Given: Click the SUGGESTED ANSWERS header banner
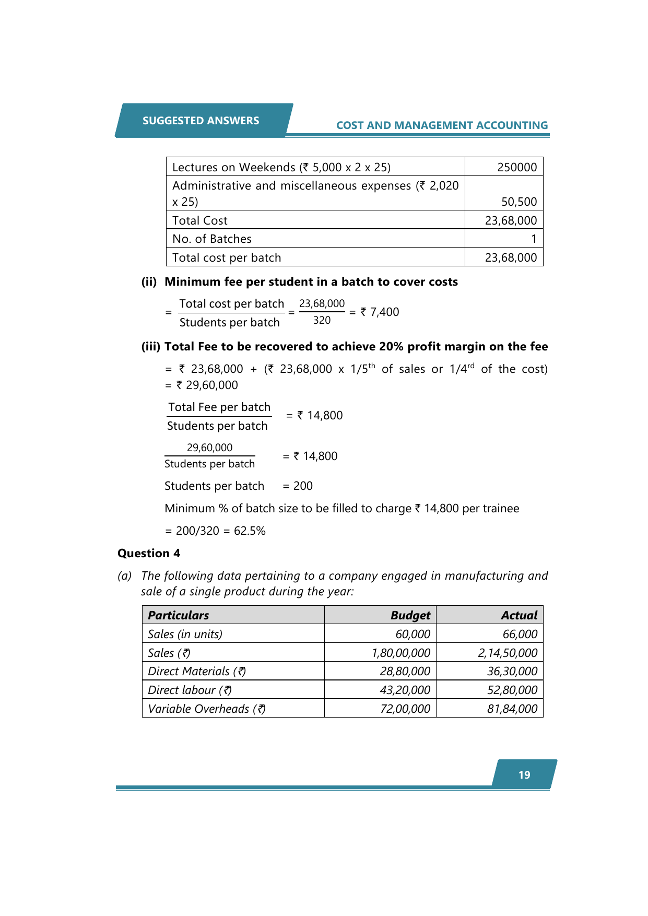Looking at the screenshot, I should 201,121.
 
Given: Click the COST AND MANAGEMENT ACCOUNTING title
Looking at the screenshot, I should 442,125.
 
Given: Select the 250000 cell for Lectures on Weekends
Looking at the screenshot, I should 516,167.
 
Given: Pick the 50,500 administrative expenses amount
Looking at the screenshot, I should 519,202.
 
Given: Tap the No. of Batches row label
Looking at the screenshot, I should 212,239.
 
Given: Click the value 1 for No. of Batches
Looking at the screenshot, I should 534,239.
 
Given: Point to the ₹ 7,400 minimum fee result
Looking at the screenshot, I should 380,312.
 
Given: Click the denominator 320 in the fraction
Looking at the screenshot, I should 322,321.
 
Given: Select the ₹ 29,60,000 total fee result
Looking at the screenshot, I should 207,385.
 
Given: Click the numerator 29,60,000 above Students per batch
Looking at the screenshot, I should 209,448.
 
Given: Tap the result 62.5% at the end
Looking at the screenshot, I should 250,531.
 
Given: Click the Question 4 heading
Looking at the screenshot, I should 149,554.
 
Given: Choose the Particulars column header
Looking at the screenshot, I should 179,615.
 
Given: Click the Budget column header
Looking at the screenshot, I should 410,615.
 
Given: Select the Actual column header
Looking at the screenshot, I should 519,615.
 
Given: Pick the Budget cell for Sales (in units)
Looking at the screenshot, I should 413,634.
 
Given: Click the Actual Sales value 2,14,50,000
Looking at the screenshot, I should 508,653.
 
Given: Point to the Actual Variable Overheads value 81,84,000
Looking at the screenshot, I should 512,709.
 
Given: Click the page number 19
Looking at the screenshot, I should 524,775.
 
